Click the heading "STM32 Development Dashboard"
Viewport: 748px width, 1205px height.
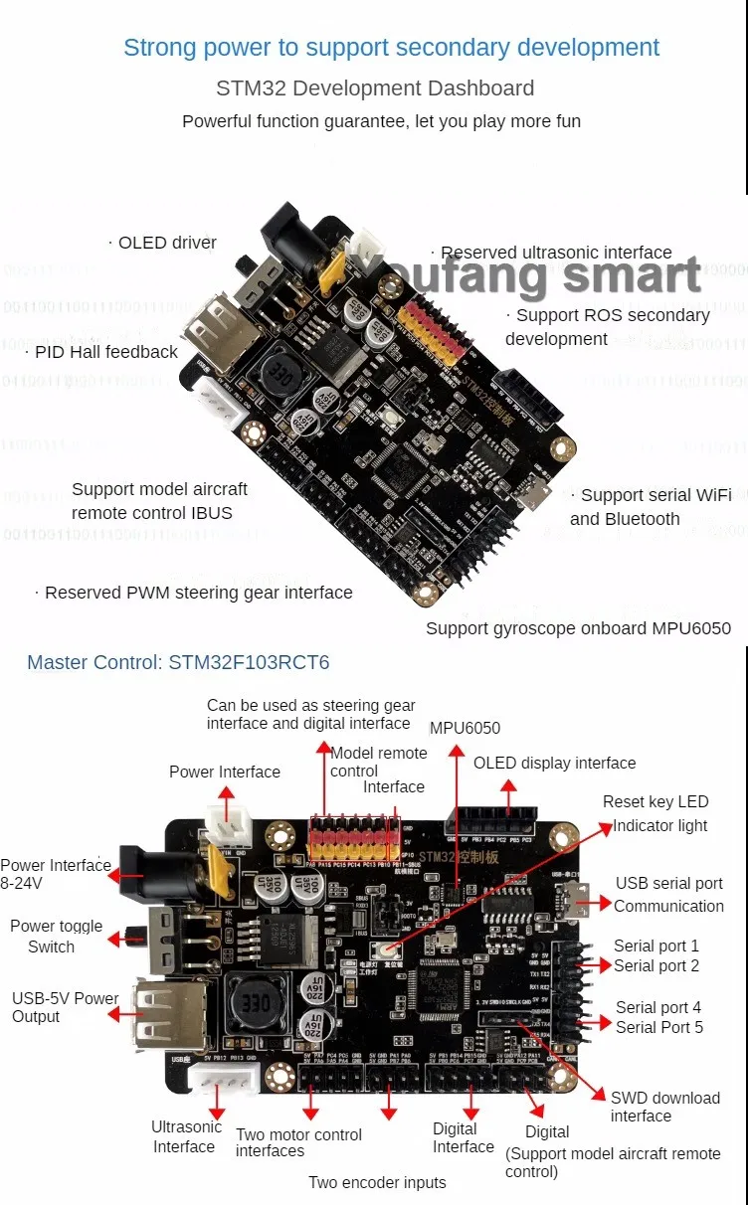[375, 87]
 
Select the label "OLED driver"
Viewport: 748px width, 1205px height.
[166, 243]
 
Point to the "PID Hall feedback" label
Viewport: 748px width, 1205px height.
[105, 351]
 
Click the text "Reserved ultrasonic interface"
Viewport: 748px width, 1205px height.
[556, 253]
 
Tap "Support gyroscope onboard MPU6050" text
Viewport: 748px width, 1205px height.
[578, 627]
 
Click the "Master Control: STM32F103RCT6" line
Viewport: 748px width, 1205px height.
[178, 662]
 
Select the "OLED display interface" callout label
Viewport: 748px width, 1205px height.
[554, 763]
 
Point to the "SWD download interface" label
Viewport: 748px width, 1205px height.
[664, 1107]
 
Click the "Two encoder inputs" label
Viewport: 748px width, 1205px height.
[377, 1182]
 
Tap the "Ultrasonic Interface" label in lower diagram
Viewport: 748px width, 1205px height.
[186, 1136]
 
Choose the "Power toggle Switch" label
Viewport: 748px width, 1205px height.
[56, 936]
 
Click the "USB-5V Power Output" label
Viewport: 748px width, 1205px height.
[65, 1007]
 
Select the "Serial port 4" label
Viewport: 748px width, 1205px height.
[657, 1007]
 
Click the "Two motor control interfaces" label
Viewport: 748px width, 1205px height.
[298, 1142]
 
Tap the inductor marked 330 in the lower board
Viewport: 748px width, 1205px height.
[252, 1002]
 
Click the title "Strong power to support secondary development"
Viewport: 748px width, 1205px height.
[391, 47]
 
